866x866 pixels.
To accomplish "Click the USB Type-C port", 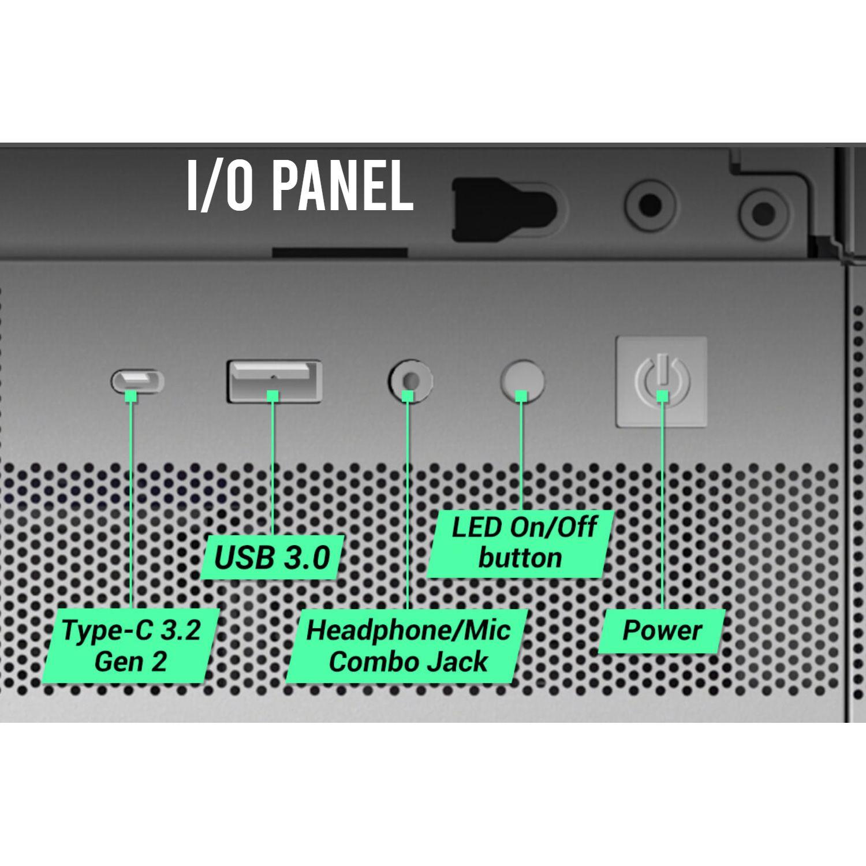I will point(137,381).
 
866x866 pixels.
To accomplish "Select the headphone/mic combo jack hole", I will point(409,381).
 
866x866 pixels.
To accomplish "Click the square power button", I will point(662,381).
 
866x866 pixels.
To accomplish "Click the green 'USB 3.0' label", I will point(272,558).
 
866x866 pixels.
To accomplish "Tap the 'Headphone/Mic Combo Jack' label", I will point(408,645).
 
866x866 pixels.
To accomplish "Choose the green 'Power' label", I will point(662,630).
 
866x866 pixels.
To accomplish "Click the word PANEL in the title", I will point(341,186).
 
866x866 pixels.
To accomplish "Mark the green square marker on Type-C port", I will point(131,395).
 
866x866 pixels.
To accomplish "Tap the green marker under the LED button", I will point(521,395).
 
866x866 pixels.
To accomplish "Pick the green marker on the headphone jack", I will point(408,395).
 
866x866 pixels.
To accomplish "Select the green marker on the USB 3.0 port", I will point(273,395).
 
